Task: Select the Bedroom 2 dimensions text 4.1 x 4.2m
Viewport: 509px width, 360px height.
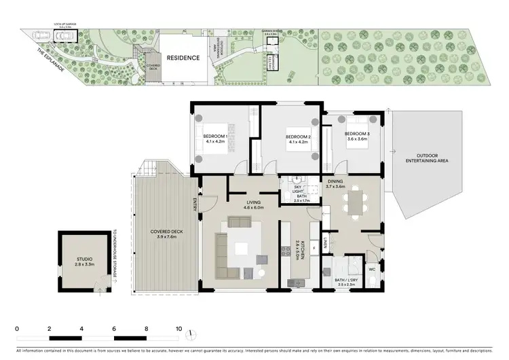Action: [x=299, y=143]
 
